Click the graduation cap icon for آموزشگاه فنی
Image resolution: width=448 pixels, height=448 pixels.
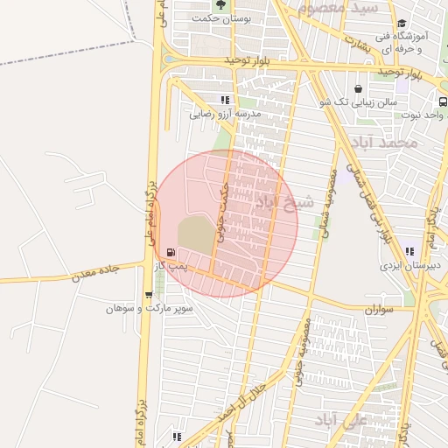pyautogui.click(x=402, y=24)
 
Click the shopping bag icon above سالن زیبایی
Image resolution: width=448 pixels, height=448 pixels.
pyautogui.click(x=358, y=88)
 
